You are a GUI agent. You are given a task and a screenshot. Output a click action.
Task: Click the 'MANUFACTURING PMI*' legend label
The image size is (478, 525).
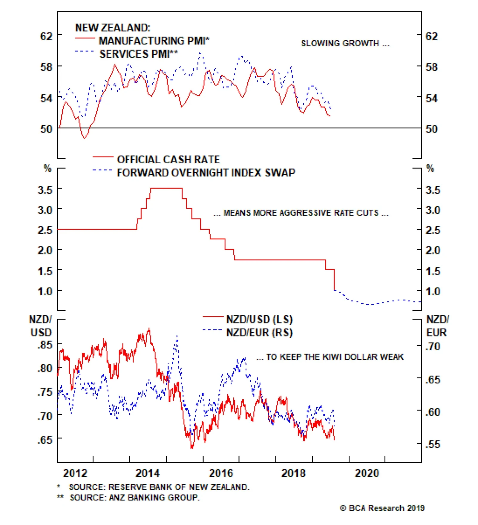pos(154,41)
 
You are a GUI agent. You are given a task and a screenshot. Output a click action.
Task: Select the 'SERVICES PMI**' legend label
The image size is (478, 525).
pos(139,54)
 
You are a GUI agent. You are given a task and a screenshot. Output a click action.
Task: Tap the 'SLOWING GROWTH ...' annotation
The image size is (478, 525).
pos(345,44)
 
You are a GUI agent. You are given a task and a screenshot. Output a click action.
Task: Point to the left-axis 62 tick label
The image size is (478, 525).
pos(46,36)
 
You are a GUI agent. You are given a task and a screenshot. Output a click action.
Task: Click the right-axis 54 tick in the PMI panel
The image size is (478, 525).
pos(431,98)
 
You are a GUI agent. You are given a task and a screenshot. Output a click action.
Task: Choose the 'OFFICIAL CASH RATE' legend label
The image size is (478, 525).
pos(168,159)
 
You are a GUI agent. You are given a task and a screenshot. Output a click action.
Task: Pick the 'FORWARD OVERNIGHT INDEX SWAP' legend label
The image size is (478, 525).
pos(206,173)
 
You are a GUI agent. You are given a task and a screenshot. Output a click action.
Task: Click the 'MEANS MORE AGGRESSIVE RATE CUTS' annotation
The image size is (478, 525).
pos(301,213)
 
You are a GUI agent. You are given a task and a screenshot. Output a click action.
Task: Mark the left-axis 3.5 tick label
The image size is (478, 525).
pos(45,190)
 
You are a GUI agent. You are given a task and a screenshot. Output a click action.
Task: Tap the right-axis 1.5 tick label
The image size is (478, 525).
pos(433,271)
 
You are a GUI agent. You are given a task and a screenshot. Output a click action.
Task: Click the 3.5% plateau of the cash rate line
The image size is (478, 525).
pos(166,188)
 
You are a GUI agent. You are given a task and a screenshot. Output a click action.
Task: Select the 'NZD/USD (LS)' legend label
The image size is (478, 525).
pos(259,320)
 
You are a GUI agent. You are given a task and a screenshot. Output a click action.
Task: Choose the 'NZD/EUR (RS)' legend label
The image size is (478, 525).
pos(259,332)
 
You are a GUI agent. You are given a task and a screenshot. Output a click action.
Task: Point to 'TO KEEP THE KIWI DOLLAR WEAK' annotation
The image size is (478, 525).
pos(330,357)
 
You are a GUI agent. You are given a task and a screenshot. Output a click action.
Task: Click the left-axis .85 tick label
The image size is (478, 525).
pos(45,345)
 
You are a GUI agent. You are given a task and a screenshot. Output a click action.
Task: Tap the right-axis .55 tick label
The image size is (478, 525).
pos(433,444)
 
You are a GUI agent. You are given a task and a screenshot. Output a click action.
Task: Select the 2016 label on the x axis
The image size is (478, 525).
pos(221,473)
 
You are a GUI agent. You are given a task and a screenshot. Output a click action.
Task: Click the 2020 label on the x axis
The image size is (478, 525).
pos(367,473)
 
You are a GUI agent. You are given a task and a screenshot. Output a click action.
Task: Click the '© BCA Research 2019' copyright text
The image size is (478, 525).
pos(382,508)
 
